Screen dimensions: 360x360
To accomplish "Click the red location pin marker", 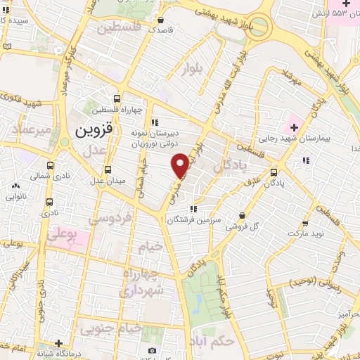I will click(180, 164).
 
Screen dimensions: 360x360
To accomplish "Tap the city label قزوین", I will click(94, 131).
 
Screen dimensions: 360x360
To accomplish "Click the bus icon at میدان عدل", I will click(108, 169).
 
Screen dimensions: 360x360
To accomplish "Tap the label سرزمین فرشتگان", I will click(195, 219).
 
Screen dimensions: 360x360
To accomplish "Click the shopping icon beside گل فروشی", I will click(242, 215).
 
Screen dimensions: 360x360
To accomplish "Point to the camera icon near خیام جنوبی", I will click(151, 350).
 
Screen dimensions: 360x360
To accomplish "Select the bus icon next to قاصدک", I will click(161, 21).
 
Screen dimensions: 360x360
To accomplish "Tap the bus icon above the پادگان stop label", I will click(274, 172).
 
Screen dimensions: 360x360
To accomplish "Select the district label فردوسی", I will click(111, 219).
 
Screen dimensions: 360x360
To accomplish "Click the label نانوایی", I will click(16, 198).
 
